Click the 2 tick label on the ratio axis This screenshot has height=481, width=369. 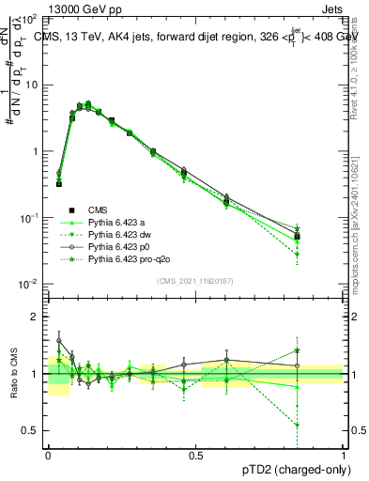pyautogui.click(x=34, y=317)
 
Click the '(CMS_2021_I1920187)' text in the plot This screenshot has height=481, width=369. pyautogui.click(x=195, y=280)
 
